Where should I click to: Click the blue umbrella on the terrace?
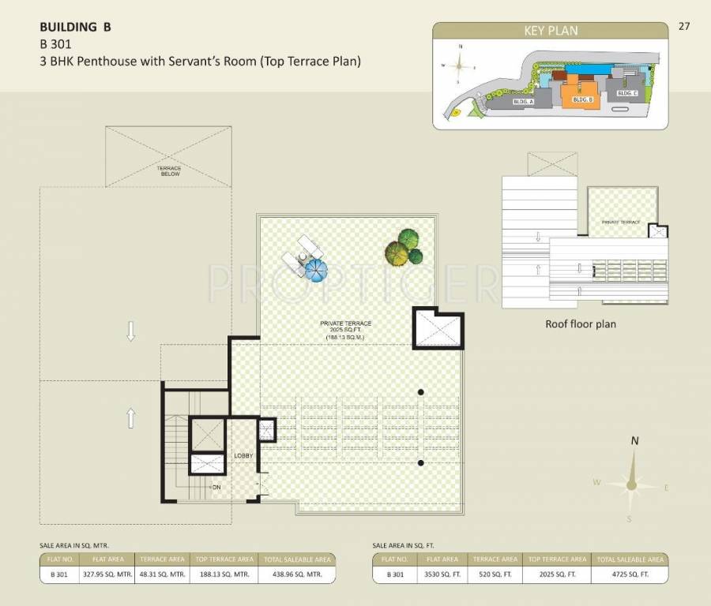(314, 270)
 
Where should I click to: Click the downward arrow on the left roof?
(131, 333)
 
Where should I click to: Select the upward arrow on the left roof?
(131, 418)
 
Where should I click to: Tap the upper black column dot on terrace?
(421, 392)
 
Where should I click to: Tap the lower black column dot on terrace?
(421, 463)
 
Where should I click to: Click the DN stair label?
(216, 488)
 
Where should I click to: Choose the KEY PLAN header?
(551, 31)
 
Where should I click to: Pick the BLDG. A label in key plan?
(523, 102)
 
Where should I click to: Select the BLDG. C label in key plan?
(627, 93)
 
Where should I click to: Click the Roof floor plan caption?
(581, 324)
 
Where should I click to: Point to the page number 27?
(684, 26)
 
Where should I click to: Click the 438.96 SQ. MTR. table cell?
(296, 574)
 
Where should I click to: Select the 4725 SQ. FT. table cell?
(629, 574)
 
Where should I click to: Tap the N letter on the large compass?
(634, 442)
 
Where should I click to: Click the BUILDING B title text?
(75, 27)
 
